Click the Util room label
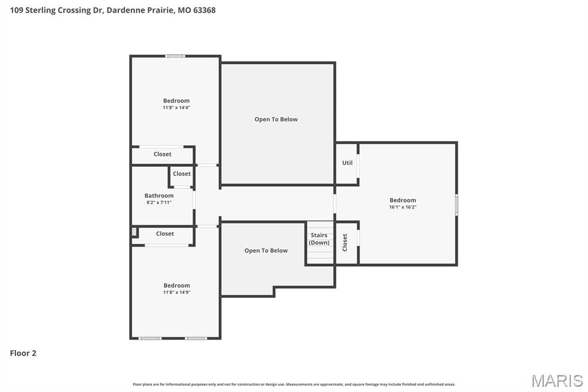pyautogui.click(x=347, y=163)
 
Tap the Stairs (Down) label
pyautogui.click(x=319, y=239)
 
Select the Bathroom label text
pyautogui.click(x=159, y=195)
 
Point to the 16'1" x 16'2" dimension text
pyautogui.click(x=403, y=207)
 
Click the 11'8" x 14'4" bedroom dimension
pyautogui.click(x=176, y=107)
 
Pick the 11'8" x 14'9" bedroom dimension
pyautogui.click(x=176, y=292)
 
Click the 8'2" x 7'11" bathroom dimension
pyautogui.click(x=159, y=202)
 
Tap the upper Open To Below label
pyautogui.click(x=276, y=120)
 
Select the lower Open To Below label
pyautogui.click(x=266, y=251)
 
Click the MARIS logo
pyautogui.click(x=557, y=381)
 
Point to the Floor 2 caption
pyautogui.click(x=23, y=353)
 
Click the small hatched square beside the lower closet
pyautogui.click(x=134, y=232)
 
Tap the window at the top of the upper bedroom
pyautogui.click(x=175, y=56)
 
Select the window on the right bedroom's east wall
pyautogui.click(x=457, y=205)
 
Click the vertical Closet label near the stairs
pyautogui.click(x=345, y=243)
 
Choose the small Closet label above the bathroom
pyautogui.click(x=181, y=174)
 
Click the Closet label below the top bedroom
pyautogui.click(x=163, y=154)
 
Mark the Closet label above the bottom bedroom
pyautogui.click(x=165, y=233)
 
